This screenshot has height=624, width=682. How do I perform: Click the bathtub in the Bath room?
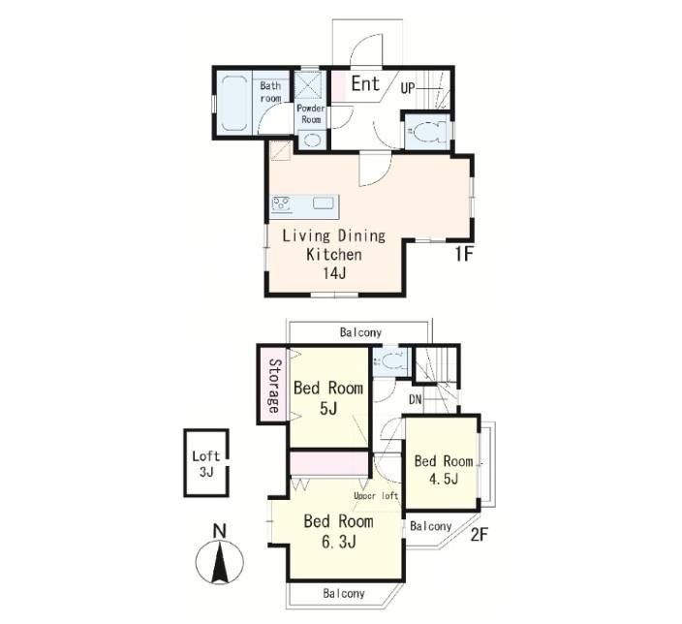[x=234, y=103]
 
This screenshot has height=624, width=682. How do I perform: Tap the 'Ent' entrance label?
[x=365, y=83]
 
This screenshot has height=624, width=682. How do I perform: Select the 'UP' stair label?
[x=408, y=89]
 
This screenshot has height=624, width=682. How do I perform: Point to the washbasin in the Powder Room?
[x=311, y=140]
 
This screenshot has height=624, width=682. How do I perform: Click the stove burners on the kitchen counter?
[x=281, y=203]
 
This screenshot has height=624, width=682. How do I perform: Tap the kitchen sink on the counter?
[x=324, y=203]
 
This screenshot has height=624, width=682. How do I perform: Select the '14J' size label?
[x=334, y=273]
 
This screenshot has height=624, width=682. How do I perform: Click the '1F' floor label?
[x=464, y=254]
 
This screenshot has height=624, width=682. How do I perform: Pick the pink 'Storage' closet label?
[x=273, y=385]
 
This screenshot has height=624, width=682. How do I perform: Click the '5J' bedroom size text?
[x=328, y=409]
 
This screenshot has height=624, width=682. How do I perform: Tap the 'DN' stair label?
[x=416, y=399]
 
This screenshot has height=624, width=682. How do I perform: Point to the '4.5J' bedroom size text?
[x=444, y=479]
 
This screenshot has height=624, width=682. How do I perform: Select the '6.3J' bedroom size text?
[x=339, y=542]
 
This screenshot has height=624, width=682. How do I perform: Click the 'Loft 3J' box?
[x=206, y=463]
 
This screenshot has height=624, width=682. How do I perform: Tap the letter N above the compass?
[x=220, y=531]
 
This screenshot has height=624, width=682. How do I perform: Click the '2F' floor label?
[x=480, y=535]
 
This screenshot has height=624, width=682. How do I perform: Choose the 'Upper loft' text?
[x=376, y=496]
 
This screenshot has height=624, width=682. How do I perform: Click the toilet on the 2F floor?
[x=389, y=361]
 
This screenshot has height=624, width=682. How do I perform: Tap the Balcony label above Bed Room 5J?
[x=360, y=333]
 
